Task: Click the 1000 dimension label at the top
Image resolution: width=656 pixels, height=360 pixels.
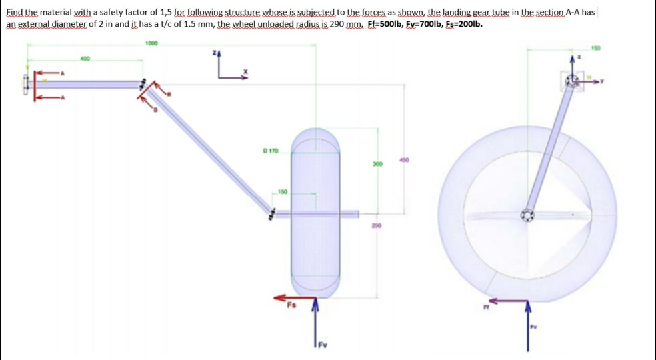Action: coord(151,43)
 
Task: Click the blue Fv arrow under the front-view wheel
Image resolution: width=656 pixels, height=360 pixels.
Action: coord(529,326)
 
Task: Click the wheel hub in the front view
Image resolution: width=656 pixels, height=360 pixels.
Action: coord(527,215)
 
